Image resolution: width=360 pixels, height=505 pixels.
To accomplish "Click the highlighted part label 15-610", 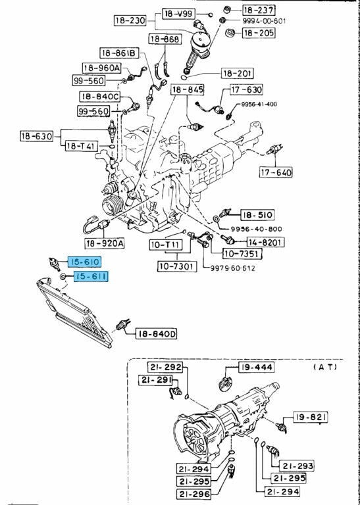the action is [x=84, y=262].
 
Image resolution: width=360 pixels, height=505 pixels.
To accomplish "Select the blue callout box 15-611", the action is [x=91, y=276].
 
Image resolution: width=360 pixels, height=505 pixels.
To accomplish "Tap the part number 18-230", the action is [x=130, y=21].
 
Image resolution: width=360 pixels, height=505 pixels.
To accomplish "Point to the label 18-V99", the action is [x=178, y=14].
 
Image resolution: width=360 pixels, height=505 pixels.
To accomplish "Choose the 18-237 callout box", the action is [x=259, y=10].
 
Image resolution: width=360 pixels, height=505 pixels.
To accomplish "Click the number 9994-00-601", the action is [x=264, y=21].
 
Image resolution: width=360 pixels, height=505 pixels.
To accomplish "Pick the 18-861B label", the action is [x=119, y=53].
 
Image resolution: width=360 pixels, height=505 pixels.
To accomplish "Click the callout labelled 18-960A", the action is [x=102, y=68].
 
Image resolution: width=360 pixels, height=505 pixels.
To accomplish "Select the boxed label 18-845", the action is [x=188, y=90].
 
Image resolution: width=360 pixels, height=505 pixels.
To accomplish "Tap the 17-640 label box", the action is [x=276, y=172].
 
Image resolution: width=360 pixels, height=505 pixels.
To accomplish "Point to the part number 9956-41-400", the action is [x=259, y=105].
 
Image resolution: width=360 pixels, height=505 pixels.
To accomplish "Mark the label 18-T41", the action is [x=82, y=146].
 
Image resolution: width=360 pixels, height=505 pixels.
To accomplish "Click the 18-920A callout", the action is [x=105, y=243].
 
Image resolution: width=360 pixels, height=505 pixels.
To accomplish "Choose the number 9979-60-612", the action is [x=233, y=268].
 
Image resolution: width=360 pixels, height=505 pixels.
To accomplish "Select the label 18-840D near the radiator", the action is [x=157, y=334].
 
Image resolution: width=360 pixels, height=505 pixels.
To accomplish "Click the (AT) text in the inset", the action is [x=325, y=367].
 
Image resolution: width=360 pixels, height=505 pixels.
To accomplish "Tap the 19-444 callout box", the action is [x=256, y=367].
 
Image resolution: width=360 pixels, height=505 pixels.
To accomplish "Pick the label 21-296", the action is [x=194, y=494].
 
